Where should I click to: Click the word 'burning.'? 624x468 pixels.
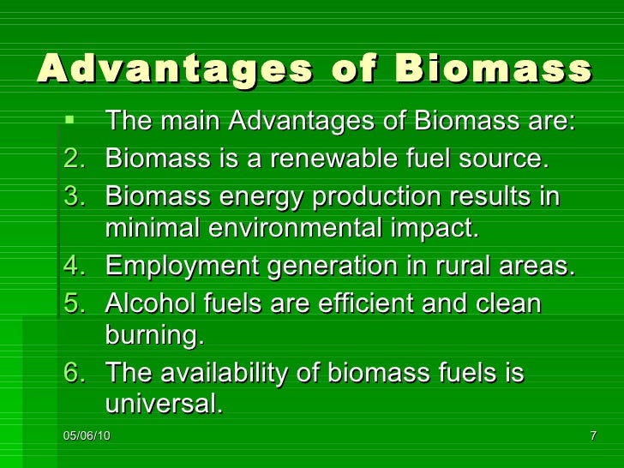[x=154, y=337]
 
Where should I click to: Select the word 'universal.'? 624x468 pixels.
[x=163, y=404]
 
